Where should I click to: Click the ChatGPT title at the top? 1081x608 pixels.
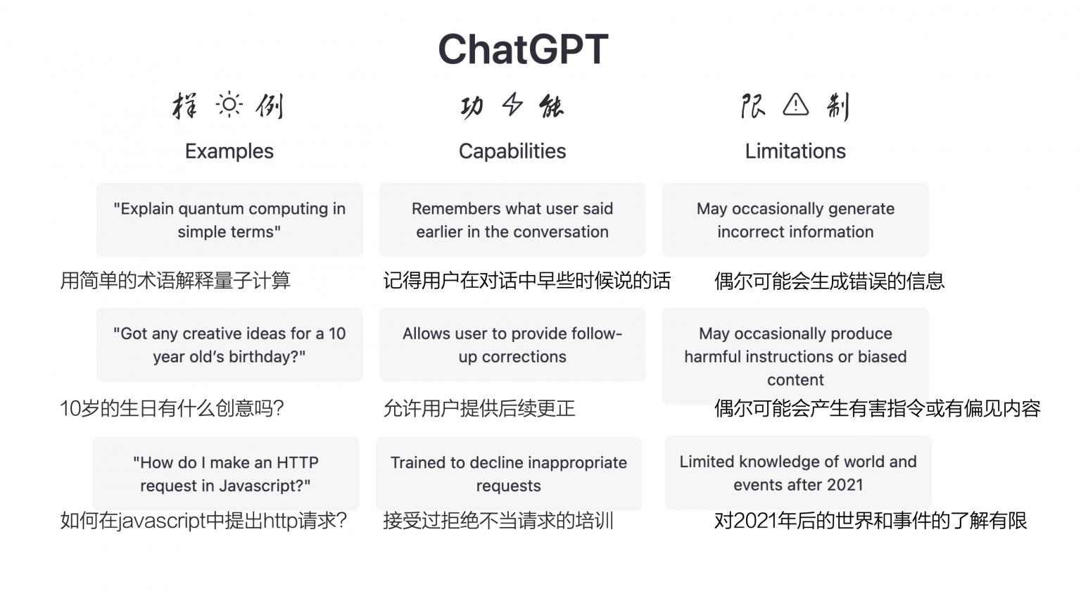(523, 49)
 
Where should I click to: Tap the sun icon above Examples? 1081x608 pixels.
(229, 106)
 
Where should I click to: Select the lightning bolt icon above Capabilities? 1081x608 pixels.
(512, 106)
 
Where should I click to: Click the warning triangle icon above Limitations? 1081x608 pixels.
(795, 105)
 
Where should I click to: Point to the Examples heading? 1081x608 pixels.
(229, 151)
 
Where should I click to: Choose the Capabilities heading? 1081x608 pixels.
(512, 151)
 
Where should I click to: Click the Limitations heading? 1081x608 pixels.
(795, 151)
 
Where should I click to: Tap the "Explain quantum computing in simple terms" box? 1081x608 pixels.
(229, 220)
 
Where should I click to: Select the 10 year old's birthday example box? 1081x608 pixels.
(229, 345)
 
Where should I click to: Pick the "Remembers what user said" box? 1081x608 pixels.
(512, 220)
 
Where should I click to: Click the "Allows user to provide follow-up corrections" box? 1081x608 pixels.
(512, 345)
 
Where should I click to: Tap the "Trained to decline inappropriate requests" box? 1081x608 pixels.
(508, 474)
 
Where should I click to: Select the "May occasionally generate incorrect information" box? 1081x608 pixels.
(795, 220)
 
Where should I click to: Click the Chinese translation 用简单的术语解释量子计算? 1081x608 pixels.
(175, 281)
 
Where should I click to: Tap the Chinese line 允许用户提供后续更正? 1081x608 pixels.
(479, 408)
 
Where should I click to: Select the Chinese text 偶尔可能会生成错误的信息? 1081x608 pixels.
(829, 281)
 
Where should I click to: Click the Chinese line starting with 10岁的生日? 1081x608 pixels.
(172, 408)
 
